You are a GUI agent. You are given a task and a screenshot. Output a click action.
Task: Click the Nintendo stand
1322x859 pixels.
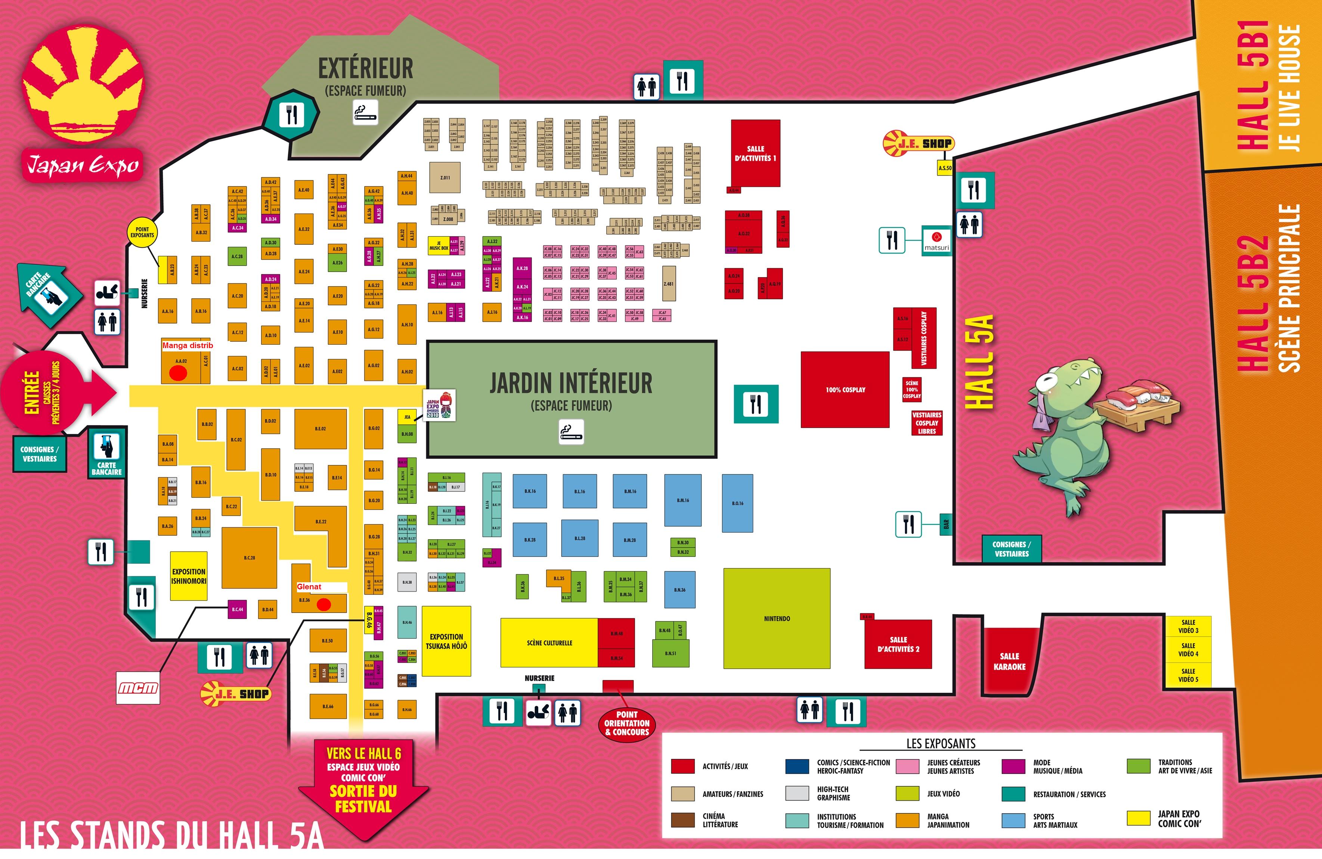pos(777,618)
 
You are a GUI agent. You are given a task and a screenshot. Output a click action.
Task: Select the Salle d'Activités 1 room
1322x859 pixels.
pos(755,153)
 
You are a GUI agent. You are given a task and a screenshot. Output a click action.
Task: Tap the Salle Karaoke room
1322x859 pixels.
pos(1009,661)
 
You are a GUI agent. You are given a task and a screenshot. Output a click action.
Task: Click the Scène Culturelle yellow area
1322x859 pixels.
pos(549,642)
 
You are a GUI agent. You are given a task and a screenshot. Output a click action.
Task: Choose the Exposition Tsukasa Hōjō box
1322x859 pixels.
pos(446,641)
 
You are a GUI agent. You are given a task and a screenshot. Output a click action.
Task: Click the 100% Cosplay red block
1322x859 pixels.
pos(845,389)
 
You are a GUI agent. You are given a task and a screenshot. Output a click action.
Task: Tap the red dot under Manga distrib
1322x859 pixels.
pos(178,373)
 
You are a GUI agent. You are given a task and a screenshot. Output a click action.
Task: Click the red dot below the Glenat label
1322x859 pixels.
pos(323,605)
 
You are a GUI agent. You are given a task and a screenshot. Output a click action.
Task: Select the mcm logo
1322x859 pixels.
pos(138,688)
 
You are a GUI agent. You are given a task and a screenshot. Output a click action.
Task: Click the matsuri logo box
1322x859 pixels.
pos(936,241)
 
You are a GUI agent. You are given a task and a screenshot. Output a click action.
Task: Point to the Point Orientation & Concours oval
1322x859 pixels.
pos(626,723)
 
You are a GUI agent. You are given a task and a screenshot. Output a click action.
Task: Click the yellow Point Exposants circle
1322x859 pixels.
pos(142,232)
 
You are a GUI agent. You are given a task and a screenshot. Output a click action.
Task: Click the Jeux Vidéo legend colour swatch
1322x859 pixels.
pos(907,794)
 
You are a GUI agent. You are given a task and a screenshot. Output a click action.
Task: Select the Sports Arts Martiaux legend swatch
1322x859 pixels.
pos(1013,820)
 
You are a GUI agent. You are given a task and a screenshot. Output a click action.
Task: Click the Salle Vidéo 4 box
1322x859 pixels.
pos(1188,649)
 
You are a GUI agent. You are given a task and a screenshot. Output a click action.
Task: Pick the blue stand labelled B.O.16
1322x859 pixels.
pos(737,503)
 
